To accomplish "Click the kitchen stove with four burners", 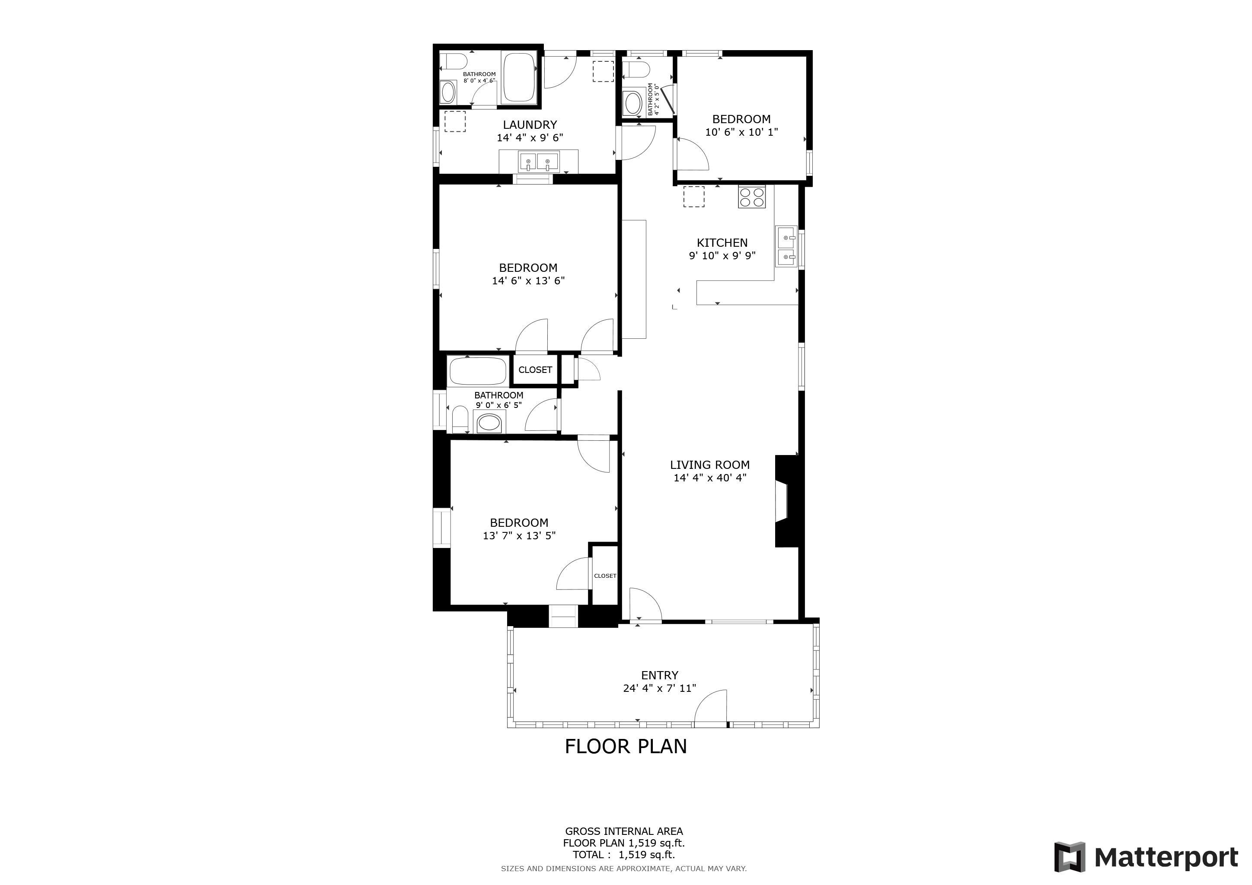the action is click(x=752, y=197).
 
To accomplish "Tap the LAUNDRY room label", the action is click(x=530, y=125).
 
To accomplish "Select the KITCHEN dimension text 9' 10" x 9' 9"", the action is click(x=722, y=255).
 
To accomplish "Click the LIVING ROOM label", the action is click(x=709, y=465).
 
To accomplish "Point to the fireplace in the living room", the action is click(x=787, y=501).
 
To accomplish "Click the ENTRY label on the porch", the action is click(x=660, y=675).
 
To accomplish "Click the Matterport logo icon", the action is click(x=1069, y=857).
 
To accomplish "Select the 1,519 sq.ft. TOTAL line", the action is click(x=624, y=855).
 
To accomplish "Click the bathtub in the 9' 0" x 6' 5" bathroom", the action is click(x=478, y=371).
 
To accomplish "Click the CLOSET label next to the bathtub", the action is click(x=535, y=370).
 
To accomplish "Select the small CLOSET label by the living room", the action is click(x=605, y=576).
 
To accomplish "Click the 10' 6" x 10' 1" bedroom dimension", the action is click(x=741, y=132).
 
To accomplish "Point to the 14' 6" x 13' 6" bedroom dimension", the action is click(x=528, y=280).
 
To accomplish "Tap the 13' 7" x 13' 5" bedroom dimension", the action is click(x=519, y=536).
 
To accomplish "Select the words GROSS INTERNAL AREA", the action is click(x=624, y=831).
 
